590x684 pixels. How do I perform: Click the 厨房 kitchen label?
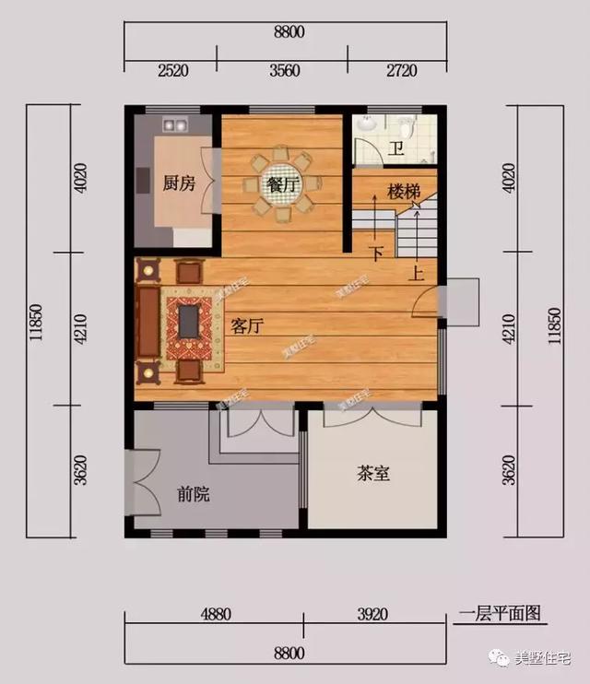point(179,183)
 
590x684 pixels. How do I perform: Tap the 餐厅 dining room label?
point(281,184)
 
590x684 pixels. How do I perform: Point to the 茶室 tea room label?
point(372,474)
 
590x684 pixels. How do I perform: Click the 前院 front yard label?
point(194,495)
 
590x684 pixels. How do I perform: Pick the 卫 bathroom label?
point(395,149)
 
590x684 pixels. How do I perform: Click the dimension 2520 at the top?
point(172,69)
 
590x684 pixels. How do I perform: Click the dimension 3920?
point(378,612)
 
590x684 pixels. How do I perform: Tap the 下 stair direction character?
point(375,253)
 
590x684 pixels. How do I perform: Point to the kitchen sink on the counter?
point(174,123)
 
